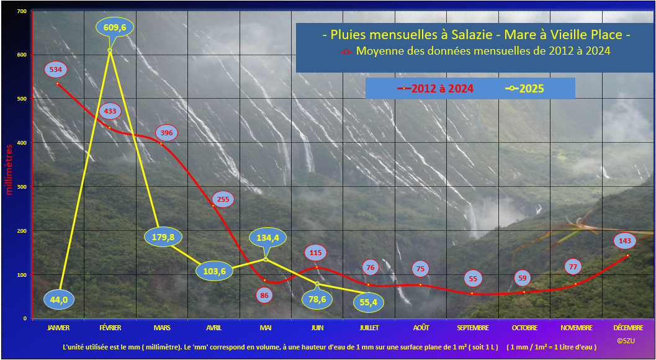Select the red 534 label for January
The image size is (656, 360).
click(x=55, y=70)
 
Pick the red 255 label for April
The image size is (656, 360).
click(x=223, y=199)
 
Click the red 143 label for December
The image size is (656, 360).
click(x=625, y=241)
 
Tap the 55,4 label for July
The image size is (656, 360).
click(x=369, y=301)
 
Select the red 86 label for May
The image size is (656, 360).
click(x=264, y=295)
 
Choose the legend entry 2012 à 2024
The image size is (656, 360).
click(x=435, y=88)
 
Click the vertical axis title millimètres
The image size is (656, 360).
click(x=10, y=169)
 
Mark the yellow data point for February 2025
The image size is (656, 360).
click(x=110, y=50)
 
